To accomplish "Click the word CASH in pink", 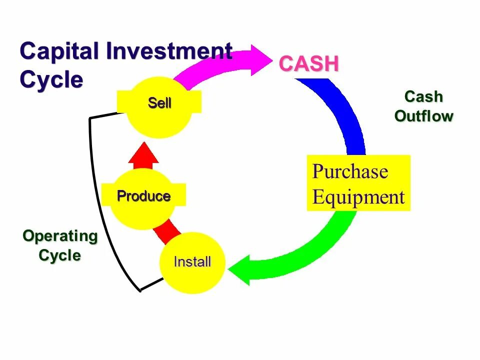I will (308, 64).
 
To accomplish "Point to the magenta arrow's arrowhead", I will (260, 60).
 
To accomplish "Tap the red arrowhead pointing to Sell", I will (143, 153).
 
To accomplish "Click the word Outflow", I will (423, 116).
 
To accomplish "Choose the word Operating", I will (60, 236).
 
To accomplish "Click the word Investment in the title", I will (169, 52).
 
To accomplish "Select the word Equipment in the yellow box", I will (358, 197).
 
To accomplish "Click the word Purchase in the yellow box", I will (350, 171).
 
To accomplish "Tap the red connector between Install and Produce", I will (167, 232).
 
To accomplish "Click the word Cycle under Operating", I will (60, 255).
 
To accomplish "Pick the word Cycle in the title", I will (51, 79).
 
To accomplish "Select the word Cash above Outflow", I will (423, 96).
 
